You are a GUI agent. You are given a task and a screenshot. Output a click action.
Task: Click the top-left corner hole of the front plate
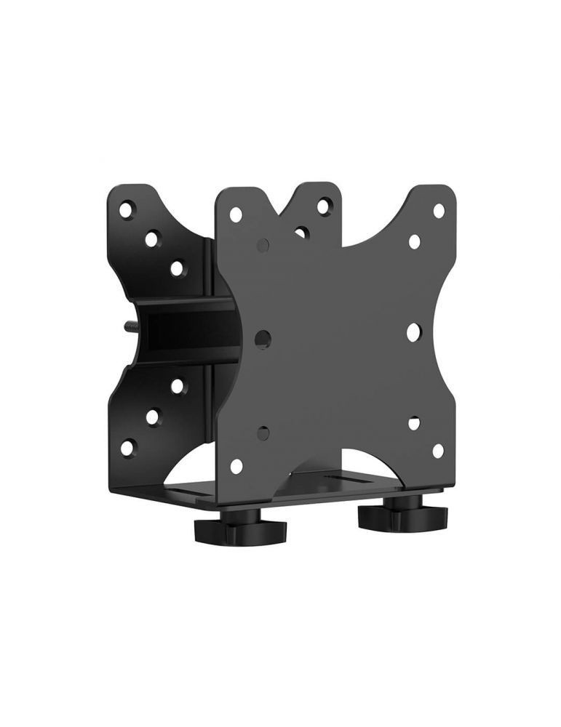click(235, 216)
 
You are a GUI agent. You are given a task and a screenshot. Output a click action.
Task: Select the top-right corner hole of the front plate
click(439, 210)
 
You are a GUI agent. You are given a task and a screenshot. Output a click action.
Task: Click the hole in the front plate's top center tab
click(322, 207)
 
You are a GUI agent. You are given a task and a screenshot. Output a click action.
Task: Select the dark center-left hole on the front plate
click(263, 337)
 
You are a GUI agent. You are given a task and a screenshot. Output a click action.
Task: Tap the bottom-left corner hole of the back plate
click(128, 447)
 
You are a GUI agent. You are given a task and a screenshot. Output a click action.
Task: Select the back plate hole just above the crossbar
click(176, 269)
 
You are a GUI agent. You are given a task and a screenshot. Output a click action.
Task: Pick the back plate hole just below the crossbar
click(176, 386)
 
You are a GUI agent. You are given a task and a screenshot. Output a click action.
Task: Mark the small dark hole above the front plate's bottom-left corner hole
click(263, 434)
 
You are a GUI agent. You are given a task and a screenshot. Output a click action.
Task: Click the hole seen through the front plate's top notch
click(301, 233)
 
